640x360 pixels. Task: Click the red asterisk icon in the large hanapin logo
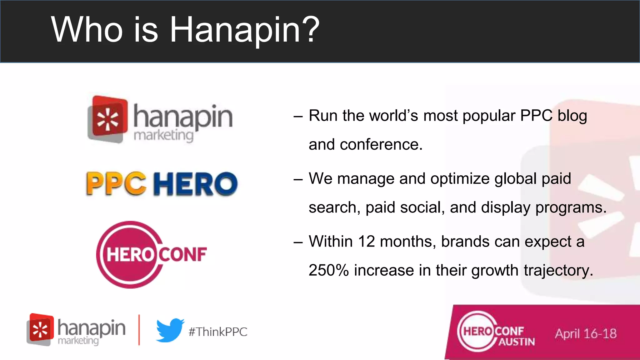pos(107,120)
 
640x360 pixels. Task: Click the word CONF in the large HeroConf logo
pos(183,254)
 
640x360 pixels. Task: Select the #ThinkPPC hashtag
pos(218,332)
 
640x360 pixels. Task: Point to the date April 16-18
pos(586,334)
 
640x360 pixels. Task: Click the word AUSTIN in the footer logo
pos(516,342)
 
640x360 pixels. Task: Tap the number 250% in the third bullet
pos(328,270)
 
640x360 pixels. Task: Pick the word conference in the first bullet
pos(381,145)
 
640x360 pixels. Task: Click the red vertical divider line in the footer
pos(139,330)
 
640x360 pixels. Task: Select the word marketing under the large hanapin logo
pos(163,136)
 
